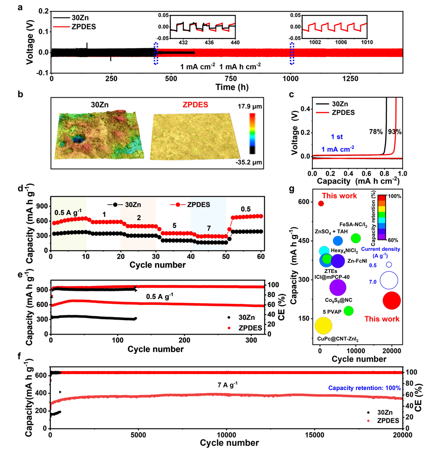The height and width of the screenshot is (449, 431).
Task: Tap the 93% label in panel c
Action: coord(395,131)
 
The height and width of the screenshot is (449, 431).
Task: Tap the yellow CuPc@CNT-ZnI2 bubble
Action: coord(323,325)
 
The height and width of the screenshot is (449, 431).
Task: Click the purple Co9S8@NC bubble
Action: coord(338,287)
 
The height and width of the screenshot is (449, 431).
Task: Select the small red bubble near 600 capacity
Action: coord(321,203)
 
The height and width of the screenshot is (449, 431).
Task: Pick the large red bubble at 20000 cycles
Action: coord(392,300)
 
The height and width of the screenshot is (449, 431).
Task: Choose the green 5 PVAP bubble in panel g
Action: coord(349,311)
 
